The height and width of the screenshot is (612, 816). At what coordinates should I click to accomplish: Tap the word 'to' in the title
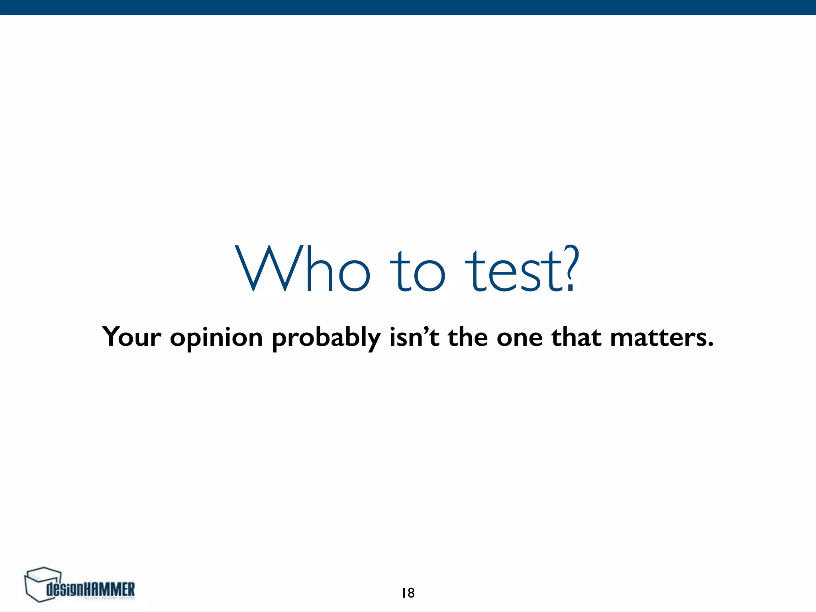point(416,271)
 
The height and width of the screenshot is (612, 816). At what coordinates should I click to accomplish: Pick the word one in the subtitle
point(519,339)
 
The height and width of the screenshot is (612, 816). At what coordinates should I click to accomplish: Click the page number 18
point(408,593)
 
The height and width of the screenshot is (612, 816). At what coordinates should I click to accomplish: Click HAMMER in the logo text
point(110,589)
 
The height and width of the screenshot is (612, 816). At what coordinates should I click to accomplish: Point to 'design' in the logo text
point(66,590)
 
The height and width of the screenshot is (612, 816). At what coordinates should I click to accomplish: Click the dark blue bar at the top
point(408,7)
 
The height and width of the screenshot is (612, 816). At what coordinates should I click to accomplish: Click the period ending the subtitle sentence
point(710,345)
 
